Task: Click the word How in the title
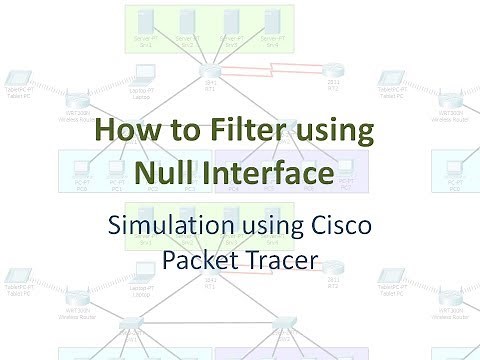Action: (x=123, y=132)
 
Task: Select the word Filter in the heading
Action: (x=246, y=132)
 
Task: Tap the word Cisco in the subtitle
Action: (x=342, y=225)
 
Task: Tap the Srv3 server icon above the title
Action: (x=229, y=24)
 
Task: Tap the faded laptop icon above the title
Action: (x=143, y=74)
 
